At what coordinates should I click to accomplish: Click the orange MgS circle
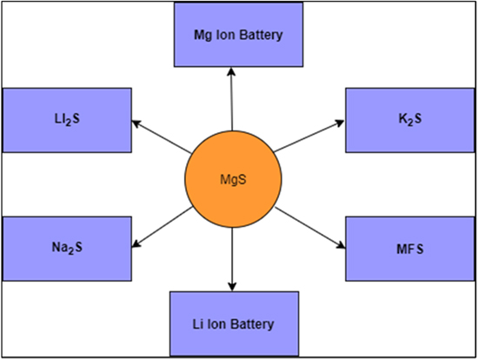coord(231,180)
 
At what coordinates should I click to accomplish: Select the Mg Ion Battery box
coord(238,35)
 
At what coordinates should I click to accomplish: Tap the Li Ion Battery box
coord(232,323)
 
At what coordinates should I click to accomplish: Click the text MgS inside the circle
coord(231,180)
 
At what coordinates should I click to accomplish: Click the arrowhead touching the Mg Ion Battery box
coord(233,72)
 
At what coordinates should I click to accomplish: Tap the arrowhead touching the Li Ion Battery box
coord(232,287)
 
